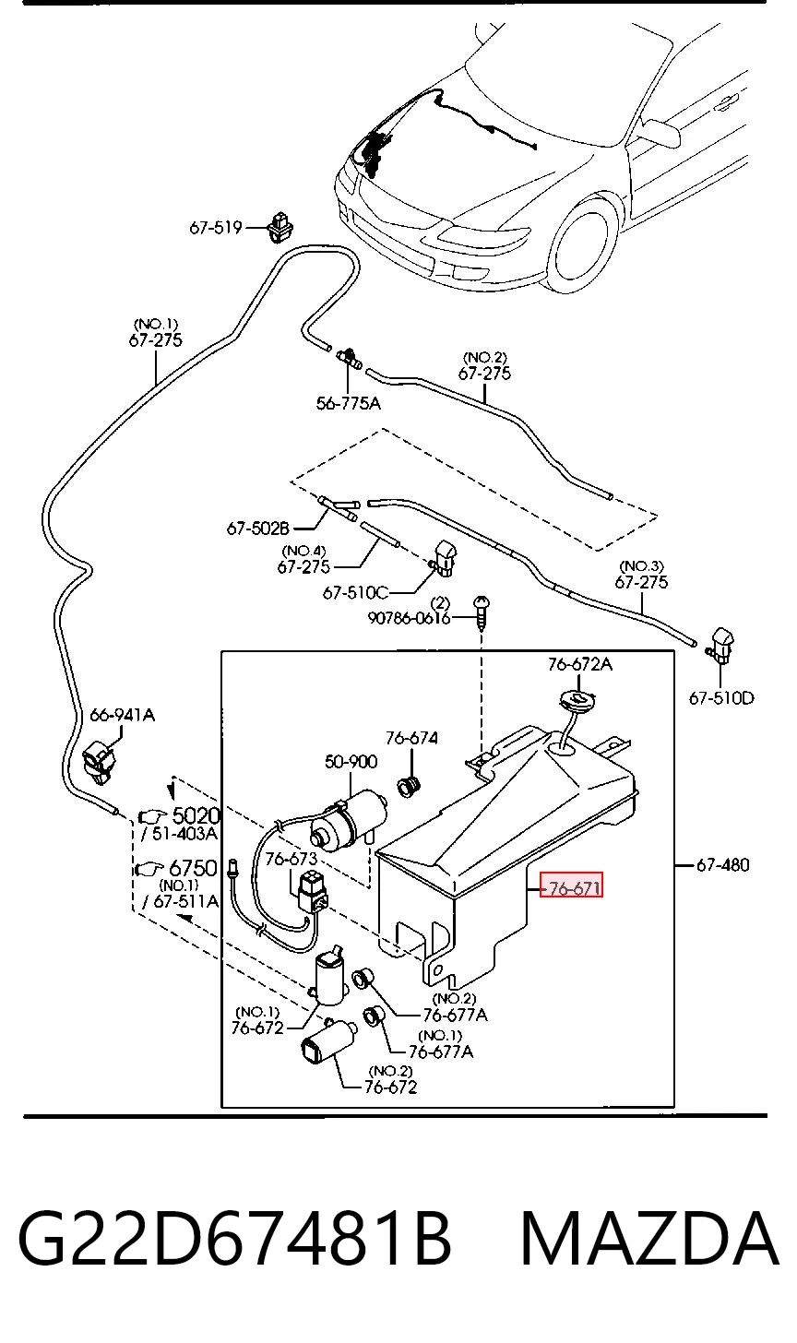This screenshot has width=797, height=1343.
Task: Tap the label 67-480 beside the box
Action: click(722, 864)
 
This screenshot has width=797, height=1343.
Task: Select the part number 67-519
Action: click(215, 227)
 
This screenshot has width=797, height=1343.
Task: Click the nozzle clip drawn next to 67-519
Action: click(280, 227)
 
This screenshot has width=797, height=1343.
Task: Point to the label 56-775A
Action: click(349, 403)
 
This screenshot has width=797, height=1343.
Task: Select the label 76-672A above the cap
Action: click(580, 664)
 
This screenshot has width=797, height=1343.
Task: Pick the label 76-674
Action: click(411, 738)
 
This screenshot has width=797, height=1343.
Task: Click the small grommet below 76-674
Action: click(410, 785)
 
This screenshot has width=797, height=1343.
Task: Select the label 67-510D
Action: click(721, 698)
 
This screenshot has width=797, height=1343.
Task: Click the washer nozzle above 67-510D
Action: click(722, 646)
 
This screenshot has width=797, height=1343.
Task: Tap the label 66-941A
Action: click(123, 715)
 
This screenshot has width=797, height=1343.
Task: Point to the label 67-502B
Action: click(258, 529)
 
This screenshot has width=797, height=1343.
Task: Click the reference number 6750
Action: click(193, 868)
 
